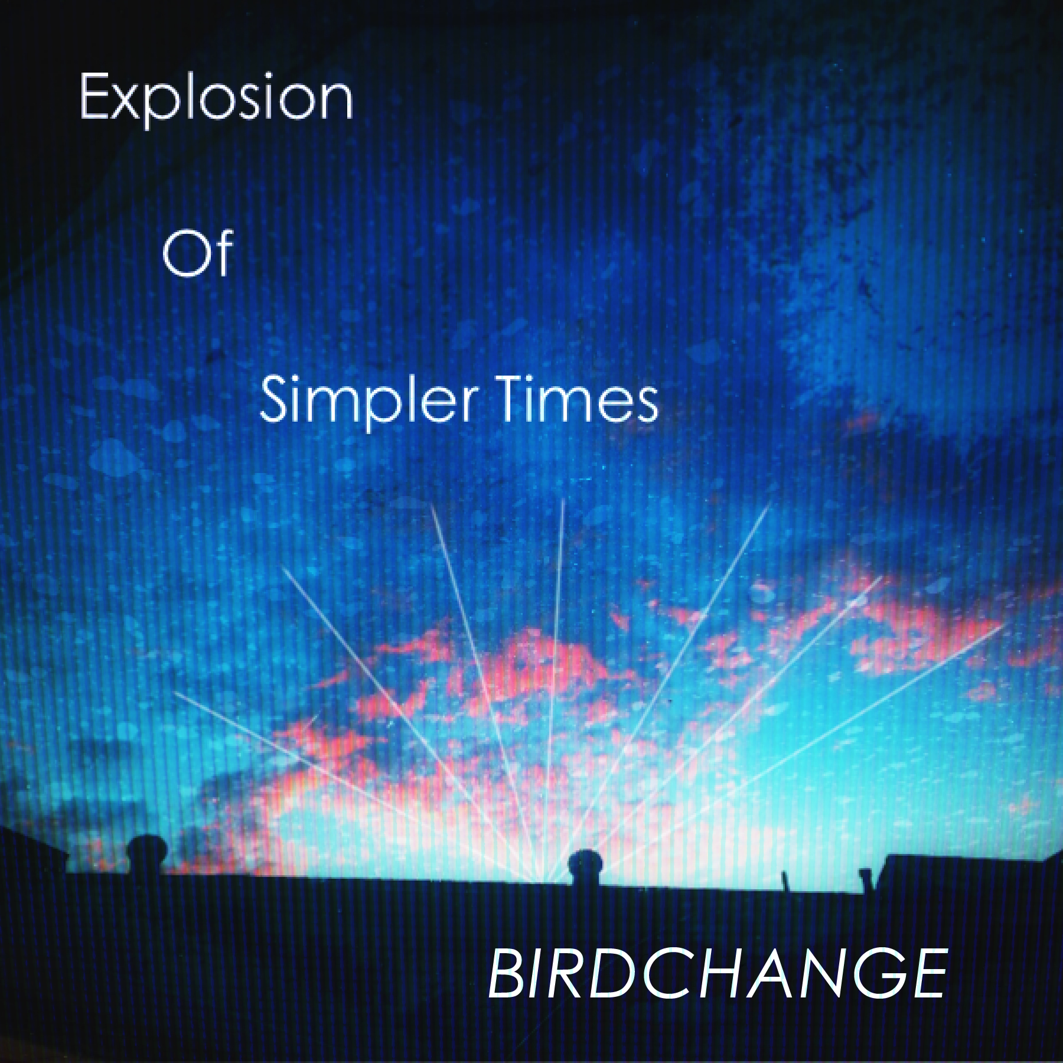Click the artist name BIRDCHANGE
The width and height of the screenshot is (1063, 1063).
(718, 973)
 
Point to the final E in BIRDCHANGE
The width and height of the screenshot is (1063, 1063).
(927, 973)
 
